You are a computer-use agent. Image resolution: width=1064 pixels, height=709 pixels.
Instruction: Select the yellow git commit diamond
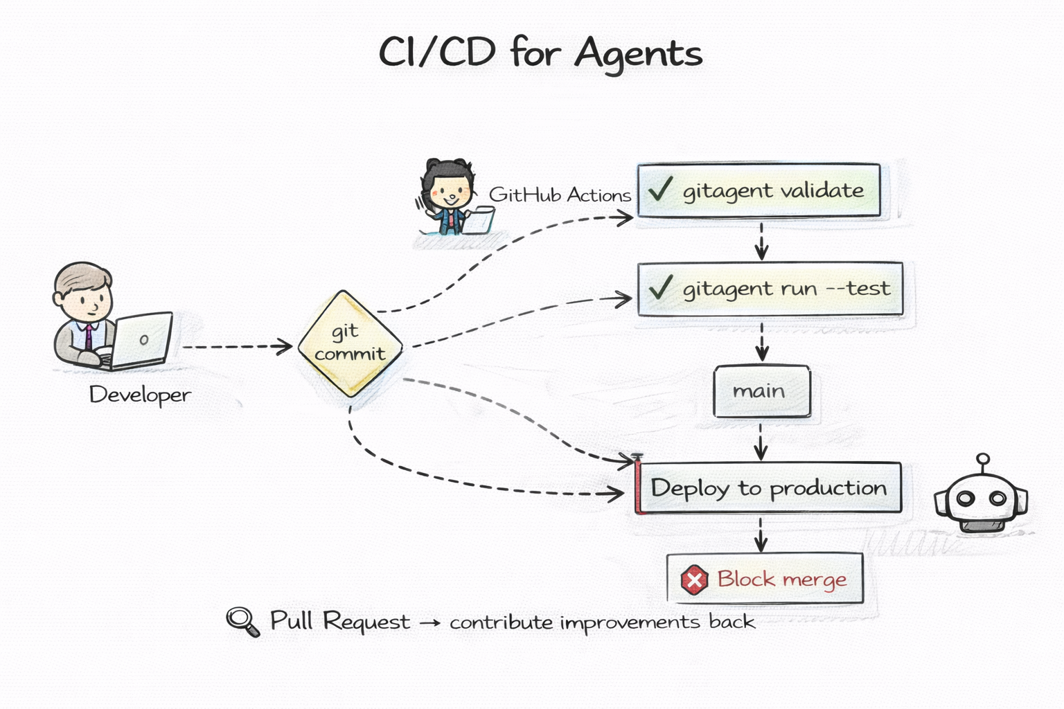(x=351, y=343)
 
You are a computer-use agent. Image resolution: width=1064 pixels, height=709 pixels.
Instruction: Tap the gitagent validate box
(x=759, y=190)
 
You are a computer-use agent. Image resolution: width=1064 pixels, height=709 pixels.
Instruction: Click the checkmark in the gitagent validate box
(x=660, y=188)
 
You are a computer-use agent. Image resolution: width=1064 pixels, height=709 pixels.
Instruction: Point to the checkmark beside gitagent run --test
(x=660, y=287)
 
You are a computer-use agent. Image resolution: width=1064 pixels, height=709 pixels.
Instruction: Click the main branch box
(x=761, y=391)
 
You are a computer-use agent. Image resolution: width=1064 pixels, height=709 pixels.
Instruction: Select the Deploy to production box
(x=768, y=488)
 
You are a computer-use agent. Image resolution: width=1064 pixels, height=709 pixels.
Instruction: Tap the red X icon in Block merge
(x=694, y=580)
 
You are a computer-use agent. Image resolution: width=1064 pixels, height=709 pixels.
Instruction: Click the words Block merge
(x=781, y=579)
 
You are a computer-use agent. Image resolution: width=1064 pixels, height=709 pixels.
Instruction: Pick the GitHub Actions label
(x=560, y=195)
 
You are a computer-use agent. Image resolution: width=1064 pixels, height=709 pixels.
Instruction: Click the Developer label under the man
(x=140, y=395)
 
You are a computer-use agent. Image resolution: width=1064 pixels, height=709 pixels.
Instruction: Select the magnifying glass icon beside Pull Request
(x=242, y=620)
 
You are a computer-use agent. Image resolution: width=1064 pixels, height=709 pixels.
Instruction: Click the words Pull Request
(x=339, y=621)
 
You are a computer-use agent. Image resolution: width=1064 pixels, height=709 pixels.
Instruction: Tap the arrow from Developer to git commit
(x=236, y=346)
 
